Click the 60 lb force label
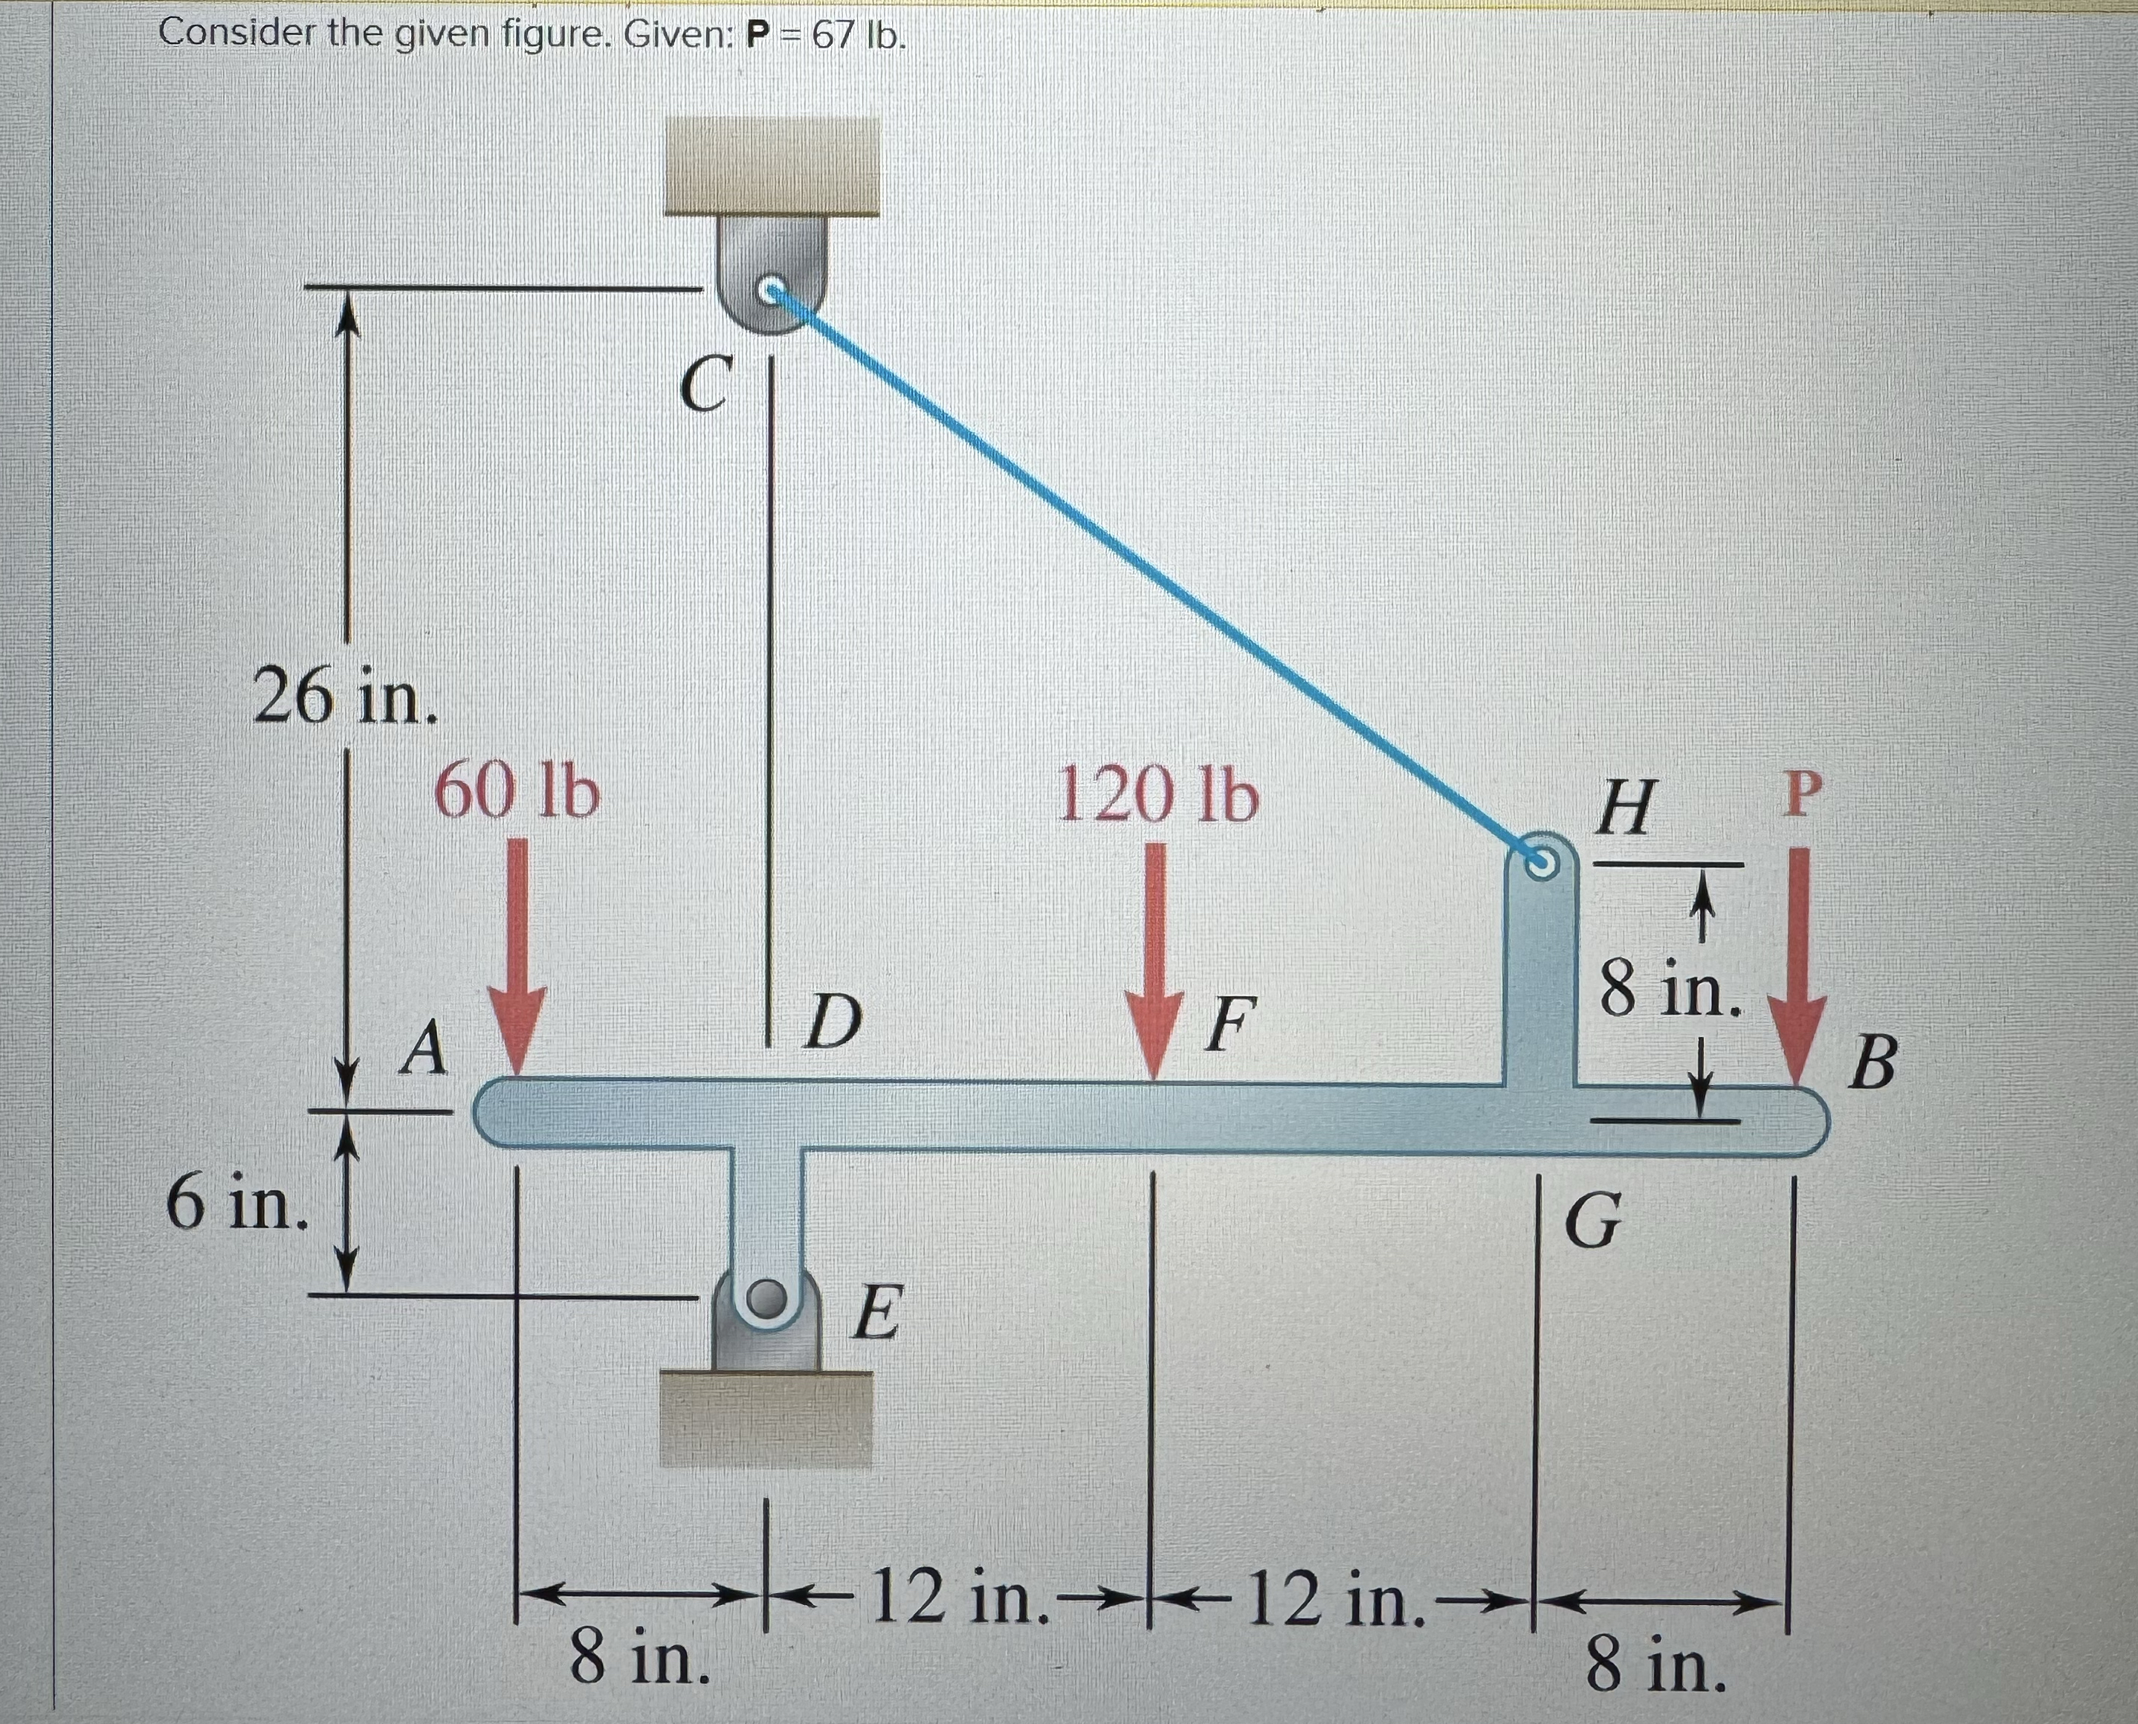coord(517,793)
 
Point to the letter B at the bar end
coord(1873,1062)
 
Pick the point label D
coord(832,1024)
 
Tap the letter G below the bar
coord(1593,1221)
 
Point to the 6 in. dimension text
coord(236,1201)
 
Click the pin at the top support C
coord(772,291)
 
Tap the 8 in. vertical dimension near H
coord(1670,990)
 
